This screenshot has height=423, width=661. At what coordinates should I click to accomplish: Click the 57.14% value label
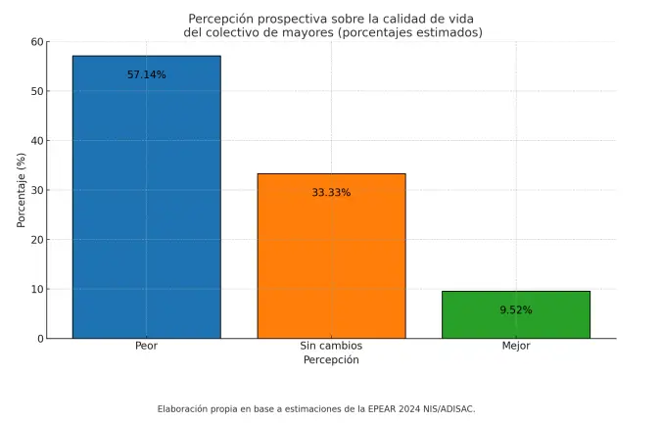[x=146, y=74]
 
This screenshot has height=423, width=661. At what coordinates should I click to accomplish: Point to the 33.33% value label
[x=331, y=193]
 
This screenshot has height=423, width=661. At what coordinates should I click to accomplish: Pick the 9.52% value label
[x=515, y=310]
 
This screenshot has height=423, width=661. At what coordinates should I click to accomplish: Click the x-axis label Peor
[x=146, y=347]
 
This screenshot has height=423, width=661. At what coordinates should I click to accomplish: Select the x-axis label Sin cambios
[x=331, y=347]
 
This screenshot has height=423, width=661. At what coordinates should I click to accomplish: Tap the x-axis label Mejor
[x=515, y=347]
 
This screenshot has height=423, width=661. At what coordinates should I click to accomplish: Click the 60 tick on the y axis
[x=37, y=42]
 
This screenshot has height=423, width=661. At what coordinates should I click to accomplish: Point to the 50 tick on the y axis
[x=37, y=91]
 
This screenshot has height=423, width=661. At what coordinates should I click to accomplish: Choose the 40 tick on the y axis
[x=37, y=141]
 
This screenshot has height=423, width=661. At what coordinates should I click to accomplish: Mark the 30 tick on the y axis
[x=37, y=190]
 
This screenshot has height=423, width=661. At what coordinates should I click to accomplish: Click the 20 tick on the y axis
[x=37, y=240]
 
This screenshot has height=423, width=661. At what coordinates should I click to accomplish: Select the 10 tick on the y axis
[x=37, y=289]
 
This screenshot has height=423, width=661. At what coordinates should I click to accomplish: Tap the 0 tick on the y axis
[x=40, y=339]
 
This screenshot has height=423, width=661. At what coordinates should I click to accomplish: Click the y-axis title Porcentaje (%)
[x=21, y=189]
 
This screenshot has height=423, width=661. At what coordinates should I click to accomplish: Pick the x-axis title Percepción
[x=331, y=360]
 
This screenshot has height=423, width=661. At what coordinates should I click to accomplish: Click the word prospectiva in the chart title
[x=288, y=19]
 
